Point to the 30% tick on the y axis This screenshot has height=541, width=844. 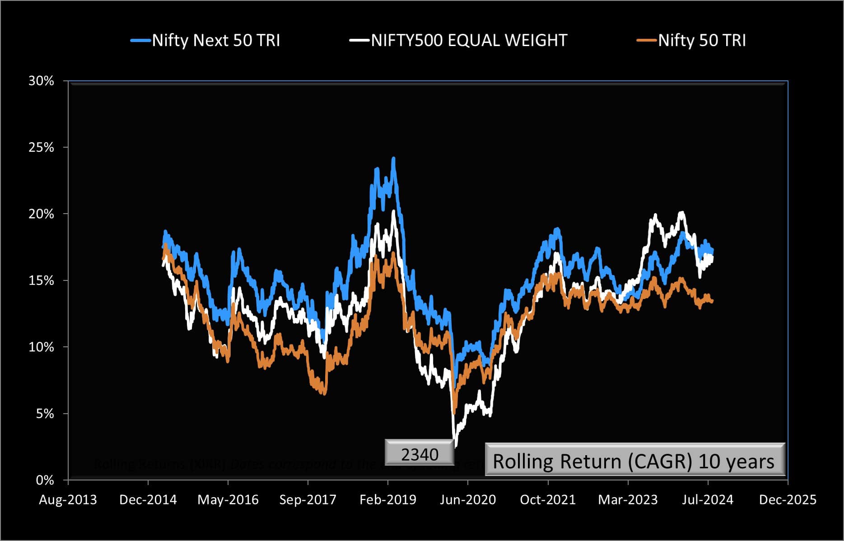coord(41,81)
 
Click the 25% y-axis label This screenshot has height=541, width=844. coord(41,148)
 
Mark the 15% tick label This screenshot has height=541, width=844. coord(41,281)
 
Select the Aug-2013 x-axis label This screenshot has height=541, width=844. coord(68,500)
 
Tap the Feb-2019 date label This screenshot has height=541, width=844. coord(388,500)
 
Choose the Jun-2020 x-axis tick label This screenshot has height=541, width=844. coord(468,500)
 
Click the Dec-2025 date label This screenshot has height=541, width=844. coord(788,500)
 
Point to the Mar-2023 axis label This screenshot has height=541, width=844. coord(628,500)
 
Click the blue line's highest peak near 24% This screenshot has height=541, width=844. coord(393,159)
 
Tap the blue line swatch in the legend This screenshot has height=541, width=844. coord(140,41)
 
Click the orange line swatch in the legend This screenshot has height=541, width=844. coord(646,41)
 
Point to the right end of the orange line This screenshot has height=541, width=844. coord(712,302)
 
